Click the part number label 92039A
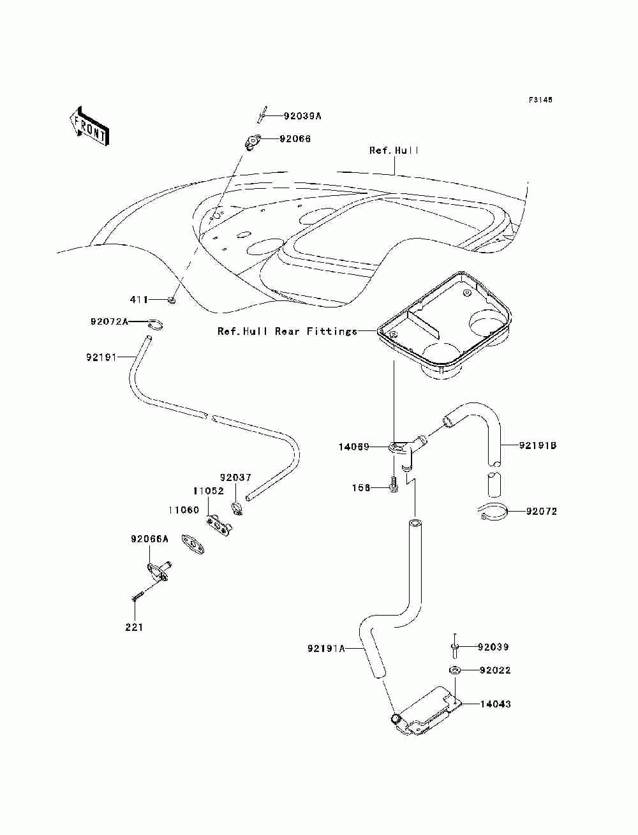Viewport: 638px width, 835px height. tap(302, 115)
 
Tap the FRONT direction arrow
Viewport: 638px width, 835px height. tap(90, 126)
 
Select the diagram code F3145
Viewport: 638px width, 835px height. tap(540, 100)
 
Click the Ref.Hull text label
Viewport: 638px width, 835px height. tap(394, 151)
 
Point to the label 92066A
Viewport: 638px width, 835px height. tap(149, 539)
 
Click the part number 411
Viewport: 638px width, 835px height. tap(139, 300)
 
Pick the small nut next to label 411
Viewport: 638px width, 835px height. tap(172, 301)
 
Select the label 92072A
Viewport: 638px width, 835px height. tap(109, 322)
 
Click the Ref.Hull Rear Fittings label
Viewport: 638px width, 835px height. tap(287, 331)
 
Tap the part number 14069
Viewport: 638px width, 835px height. tap(354, 447)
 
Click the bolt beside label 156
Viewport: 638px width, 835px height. tap(394, 486)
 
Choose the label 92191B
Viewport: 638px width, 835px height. tap(538, 445)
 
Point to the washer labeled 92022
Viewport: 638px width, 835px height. tap(454, 670)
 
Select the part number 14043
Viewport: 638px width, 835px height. tap(495, 704)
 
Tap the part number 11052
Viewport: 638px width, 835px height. tap(209, 491)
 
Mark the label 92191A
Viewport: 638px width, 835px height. tap(327, 648)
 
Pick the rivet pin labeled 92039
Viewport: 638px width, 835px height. tap(455, 646)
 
